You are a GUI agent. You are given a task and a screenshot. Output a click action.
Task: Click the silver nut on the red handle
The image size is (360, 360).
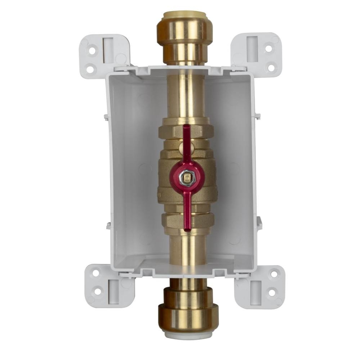click(187, 176)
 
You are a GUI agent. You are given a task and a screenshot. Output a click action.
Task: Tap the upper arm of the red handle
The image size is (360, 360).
click(187, 144)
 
